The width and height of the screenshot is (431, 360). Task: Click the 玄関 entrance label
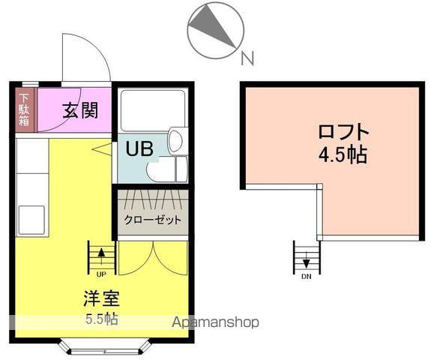tap(81, 109)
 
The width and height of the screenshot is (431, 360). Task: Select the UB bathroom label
tap(139, 148)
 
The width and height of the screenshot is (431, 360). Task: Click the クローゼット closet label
tap(152, 220)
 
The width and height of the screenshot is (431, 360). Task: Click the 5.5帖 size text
tap(100, 318)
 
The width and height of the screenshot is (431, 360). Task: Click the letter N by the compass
tap(247, 57)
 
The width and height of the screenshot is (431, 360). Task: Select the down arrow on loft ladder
tap(307, 261)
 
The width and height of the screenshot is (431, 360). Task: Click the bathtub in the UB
tap(152, 110)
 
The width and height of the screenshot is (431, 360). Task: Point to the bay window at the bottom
tap(104, 347)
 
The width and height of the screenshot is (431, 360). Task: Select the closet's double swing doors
tap(152, 258)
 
